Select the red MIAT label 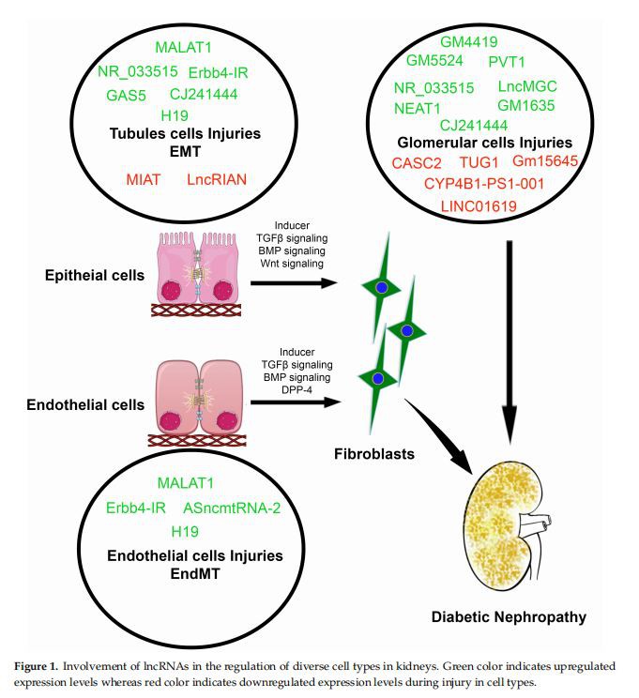point(144,177)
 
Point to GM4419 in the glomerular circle point(469,41)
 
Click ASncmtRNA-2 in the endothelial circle point(231,508)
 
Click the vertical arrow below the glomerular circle point(509,338)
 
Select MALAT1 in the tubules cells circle point(185,47)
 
